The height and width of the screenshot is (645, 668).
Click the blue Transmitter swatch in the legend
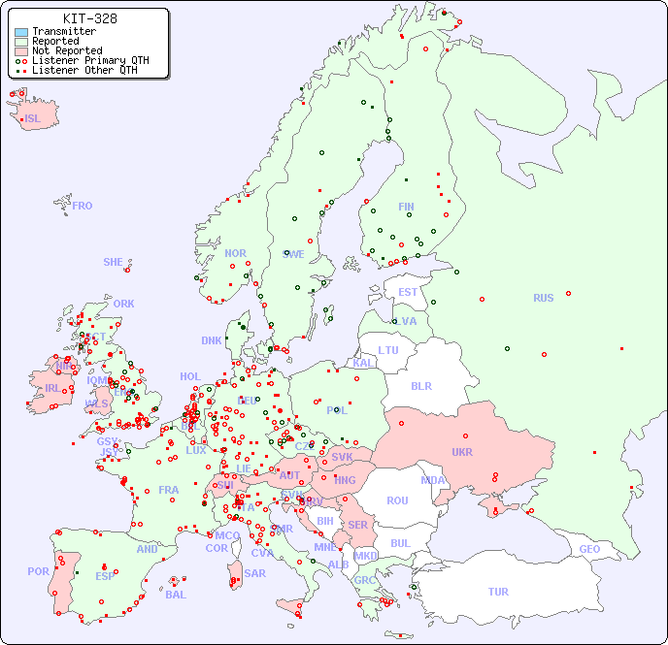pos(21,31)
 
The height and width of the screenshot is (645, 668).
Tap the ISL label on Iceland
pos(33,119)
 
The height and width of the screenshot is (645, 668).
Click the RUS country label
pos(543,298)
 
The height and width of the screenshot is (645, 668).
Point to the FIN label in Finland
pos(406,207)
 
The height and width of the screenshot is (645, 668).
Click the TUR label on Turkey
pos(498,592)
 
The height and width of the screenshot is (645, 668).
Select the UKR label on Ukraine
pos(462,452)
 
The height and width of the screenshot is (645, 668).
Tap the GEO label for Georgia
pos(589,549)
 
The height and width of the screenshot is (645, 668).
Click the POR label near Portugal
pos(38,571)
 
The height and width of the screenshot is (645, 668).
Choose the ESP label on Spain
pos(105,575)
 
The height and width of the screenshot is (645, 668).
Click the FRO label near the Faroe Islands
pos(83,206)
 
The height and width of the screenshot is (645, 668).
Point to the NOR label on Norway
pos(235,253)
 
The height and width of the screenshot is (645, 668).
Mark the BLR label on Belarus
pos(421,385)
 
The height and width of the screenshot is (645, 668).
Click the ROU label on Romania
pos(397,500)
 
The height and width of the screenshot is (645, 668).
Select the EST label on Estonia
pos(408,292)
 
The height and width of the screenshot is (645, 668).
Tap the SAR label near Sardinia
pos(254,573)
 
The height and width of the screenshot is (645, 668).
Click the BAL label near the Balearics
pos(175,595)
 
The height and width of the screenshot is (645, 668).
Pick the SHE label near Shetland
pos(114,262)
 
